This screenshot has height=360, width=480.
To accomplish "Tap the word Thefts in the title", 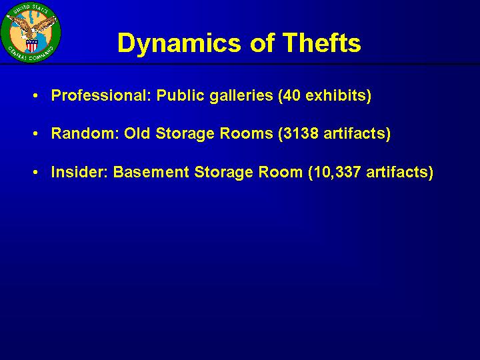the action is pos(321,42).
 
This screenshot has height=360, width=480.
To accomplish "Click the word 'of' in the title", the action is pos(262,43).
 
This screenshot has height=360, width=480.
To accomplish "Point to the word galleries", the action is pos(241,96).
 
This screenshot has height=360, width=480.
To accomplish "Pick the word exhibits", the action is pos(338,96).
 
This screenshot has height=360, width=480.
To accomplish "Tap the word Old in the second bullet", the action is pos(137,133).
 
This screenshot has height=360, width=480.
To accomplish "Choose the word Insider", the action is pos(79,172).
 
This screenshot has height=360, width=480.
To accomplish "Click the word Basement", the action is pos(151,172).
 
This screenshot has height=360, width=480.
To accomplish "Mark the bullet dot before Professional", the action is pos(35,96).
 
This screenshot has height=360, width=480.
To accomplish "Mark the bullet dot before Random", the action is pos(35,134).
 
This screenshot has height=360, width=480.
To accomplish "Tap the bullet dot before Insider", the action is pos(35,173).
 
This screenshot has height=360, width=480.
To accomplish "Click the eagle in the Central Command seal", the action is pos(32,27).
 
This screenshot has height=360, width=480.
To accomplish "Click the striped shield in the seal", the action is pos(31,45).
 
